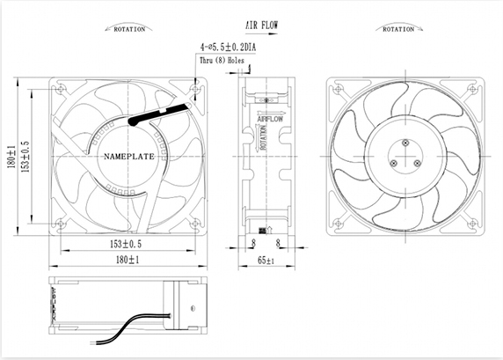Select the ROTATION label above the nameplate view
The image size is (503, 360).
(x=130, y=29)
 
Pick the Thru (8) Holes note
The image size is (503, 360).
(x=222, y=61)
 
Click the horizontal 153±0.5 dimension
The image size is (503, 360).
(x=128, y=244)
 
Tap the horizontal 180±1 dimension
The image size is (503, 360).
(x=128, y=261)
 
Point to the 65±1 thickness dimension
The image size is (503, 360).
(x=265, y=261)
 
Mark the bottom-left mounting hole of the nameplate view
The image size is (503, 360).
(x=60, y=224)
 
